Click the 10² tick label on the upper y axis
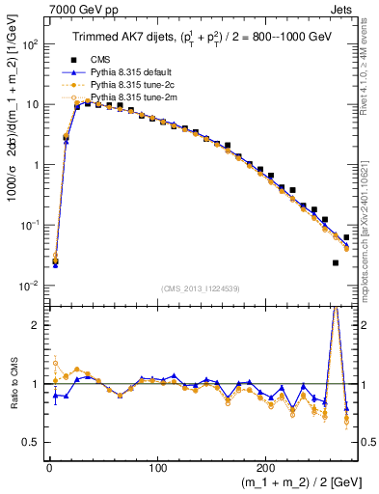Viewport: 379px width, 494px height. point(31,44)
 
